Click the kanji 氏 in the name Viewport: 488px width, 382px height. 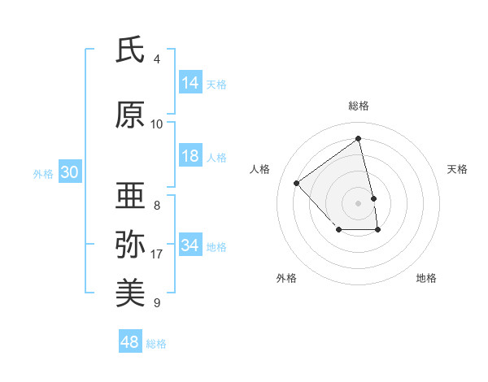pyautogui.click(x=130, y=51)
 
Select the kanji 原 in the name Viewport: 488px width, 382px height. pyautogui.click(x=130, y=115)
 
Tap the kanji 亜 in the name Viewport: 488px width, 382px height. pyautogui.click(x=130, y=197)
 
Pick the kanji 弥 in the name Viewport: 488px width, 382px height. pyautogui.click(x=130, y=244)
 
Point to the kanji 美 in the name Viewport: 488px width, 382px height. pyautogui.click(x=130, y=292)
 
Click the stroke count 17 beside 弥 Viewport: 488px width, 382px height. pyautogui.click(x=157, y=254)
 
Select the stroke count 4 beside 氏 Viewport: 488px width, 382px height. pyautogui.click(x=157, y=59)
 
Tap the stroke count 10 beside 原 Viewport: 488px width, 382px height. pyautogui.click(x=157, y=124)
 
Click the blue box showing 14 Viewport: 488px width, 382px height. pyautogui.click(x=190, y=83)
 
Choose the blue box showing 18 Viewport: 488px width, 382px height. pyautogui.click(x=190, y=157)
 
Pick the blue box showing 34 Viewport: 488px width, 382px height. pyautogui.click(x=190, y=245)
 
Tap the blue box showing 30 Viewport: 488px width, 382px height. pyautogui.click(x=69, y=173)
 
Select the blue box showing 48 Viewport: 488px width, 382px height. pyautogui.click(x=130, y=342)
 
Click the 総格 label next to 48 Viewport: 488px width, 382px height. pyautogui.click(x=156, y=344)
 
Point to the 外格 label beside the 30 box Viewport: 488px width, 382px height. pyautogui.click(x=43, y=174)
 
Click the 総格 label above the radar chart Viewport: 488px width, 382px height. pyautogui.click(x=358, y=106)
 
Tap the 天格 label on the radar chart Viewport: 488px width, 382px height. pyautogui.click(x=457, y=169)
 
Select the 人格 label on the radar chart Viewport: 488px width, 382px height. pyautogui.click(x=260, y=169)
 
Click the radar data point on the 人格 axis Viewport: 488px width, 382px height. pyautogui.click(x=297, y=183)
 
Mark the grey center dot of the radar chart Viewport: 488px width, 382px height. pyautogui.click(x=358, y=202)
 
